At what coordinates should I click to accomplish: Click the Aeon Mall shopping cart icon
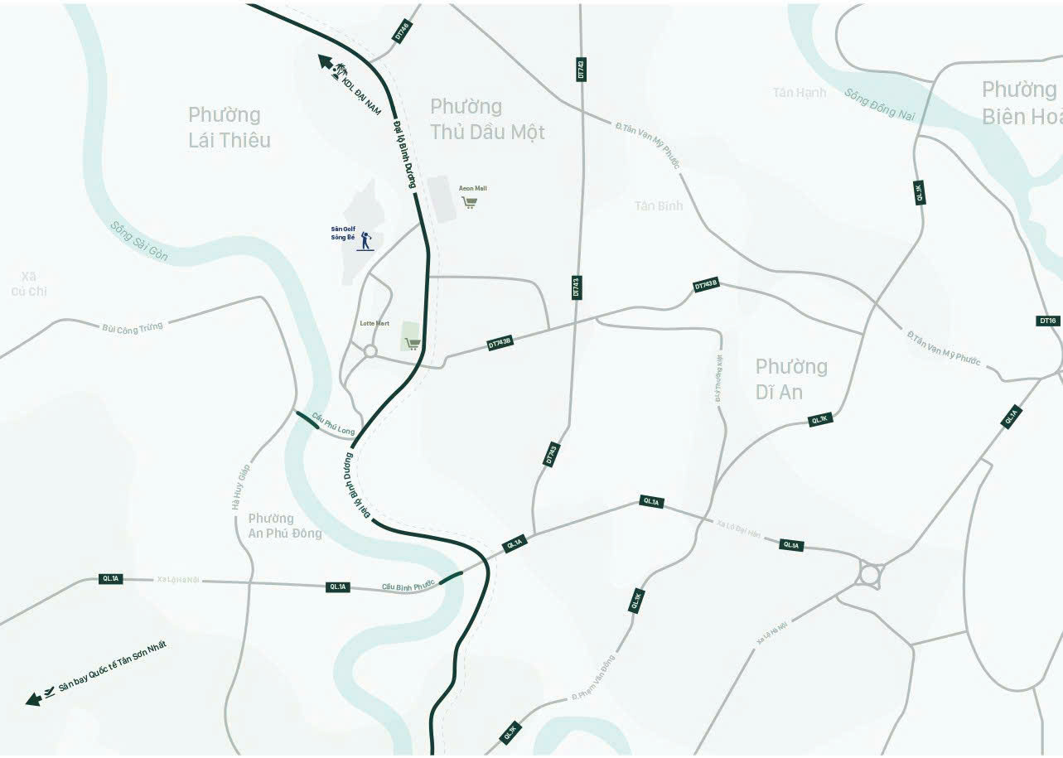pos(470,202)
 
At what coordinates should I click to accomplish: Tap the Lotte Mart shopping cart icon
pos(412,343)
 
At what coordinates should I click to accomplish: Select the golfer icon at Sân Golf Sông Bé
pos(366,242)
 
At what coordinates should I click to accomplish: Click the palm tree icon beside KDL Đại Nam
pos(341,73)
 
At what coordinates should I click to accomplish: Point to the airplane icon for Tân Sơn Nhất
pos(49,692)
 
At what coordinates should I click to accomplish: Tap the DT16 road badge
pos(1048,321)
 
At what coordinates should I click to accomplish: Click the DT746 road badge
pos(402,31)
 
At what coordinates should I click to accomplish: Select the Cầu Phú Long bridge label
pos(334,426)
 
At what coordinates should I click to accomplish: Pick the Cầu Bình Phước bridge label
pos(408,586)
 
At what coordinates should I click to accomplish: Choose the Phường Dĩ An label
pos(790,379)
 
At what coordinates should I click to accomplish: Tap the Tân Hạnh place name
pos(800,92)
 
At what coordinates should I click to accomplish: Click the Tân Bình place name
pos(659,205)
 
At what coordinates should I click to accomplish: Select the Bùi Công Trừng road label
pos(133,327)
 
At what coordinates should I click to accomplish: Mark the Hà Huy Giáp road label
pos(241,487)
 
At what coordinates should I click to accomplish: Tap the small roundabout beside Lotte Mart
pos(370,351)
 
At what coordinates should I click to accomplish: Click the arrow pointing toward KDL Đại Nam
pos(325,62)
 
